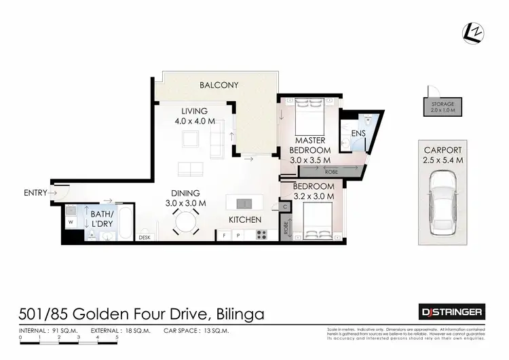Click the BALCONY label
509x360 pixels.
click(219, 85)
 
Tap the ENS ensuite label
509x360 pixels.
click(358, 133)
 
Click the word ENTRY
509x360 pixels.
click(35, 193)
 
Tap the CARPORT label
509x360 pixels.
click(443, 150)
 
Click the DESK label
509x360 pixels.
click(144, 238)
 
